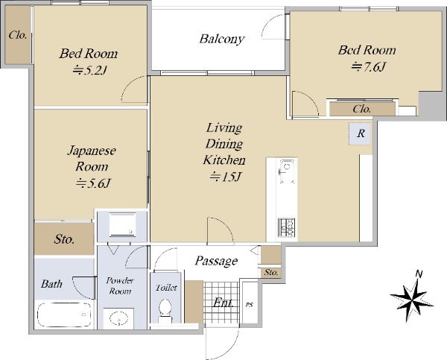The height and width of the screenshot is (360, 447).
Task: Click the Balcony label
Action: coord(222,39)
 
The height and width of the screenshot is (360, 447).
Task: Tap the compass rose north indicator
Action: coord(412,297)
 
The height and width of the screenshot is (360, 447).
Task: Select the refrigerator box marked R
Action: coord(360,133)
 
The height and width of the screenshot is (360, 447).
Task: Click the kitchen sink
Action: coord(286,171)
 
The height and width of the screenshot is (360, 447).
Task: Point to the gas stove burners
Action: coord(287,227)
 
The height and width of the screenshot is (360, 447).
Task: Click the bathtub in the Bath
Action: coord(64,315)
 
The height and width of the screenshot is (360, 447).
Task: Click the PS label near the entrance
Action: coord(249,305)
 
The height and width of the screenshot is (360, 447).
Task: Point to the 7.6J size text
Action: coord(368,67)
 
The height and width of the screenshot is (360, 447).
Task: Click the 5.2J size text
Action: coord(89,70)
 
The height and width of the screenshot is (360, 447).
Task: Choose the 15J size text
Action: coord(225,177)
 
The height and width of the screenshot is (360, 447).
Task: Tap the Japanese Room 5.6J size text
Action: coord(93,183)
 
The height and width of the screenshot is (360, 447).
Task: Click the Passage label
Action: coord(216,261)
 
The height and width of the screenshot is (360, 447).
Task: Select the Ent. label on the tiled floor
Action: coord(223,303)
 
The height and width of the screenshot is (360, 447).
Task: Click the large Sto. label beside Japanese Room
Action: coord(64,239)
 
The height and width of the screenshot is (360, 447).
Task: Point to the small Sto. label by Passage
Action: coord(271,273)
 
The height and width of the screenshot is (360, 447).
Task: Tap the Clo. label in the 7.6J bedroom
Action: coord(362,109)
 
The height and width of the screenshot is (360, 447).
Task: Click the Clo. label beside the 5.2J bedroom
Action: coord(18,35)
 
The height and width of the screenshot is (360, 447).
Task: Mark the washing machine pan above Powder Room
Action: coord(123,224)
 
